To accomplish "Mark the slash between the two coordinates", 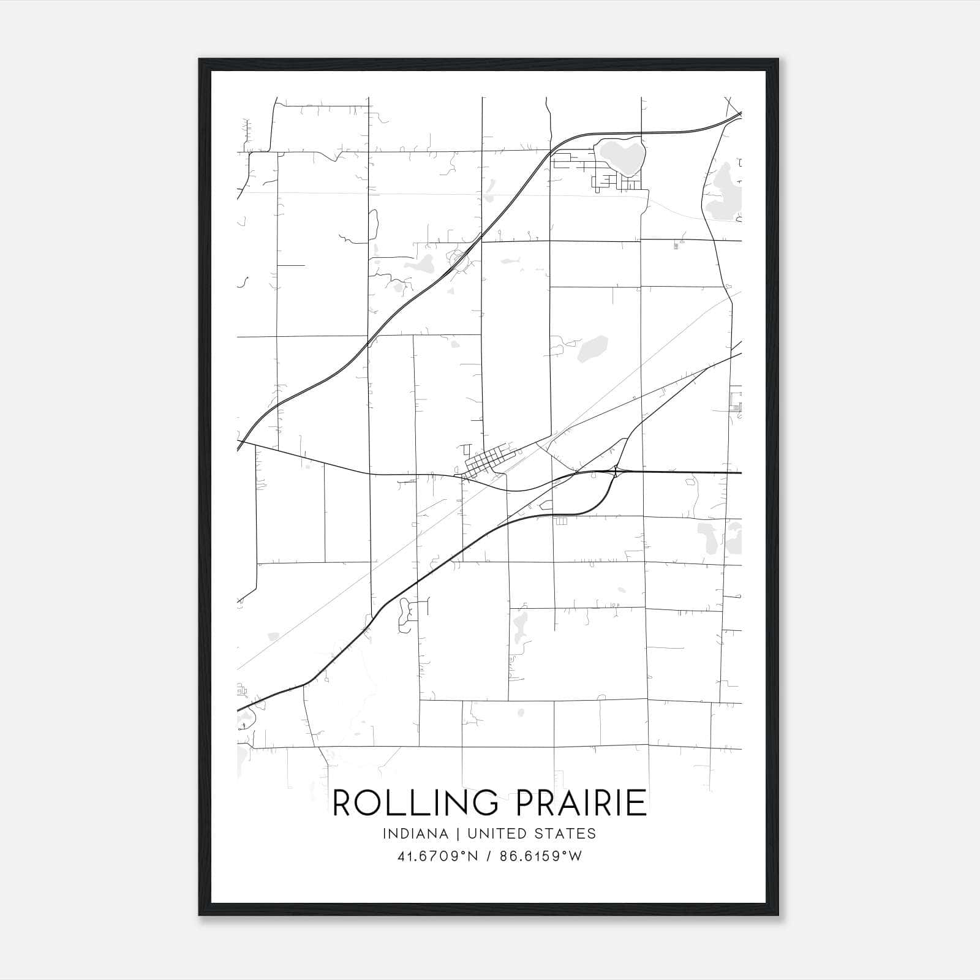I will pos(488,856).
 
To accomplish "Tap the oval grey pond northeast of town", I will pos(593,348).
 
